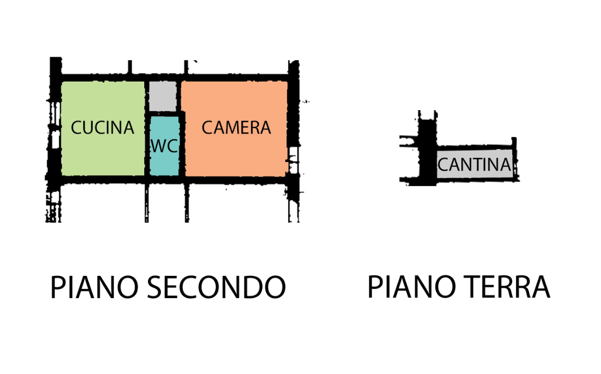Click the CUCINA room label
[102, 128]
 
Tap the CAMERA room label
[236, 128]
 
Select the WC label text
[165, 146]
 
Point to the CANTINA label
[474, 165]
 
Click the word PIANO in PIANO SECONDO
[94, 287]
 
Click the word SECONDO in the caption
[216, 287]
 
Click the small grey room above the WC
[163, 96]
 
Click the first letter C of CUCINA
[76, 128]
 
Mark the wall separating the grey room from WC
[164, 113]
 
